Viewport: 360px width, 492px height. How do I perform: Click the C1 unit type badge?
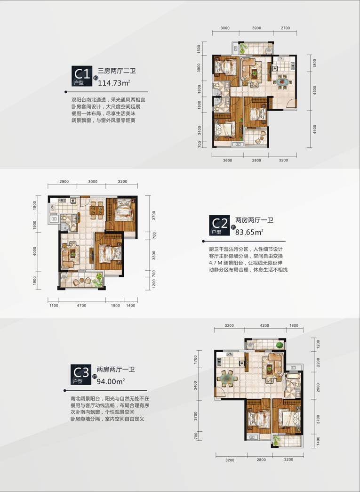(82, 76)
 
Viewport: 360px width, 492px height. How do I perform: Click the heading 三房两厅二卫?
(113, 72)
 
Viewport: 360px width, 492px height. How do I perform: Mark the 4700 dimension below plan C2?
(81, 306)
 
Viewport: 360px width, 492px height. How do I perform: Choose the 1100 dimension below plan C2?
(53, 306)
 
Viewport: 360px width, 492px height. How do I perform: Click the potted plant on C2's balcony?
(99, 277)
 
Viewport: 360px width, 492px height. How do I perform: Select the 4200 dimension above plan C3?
(264, 325)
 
